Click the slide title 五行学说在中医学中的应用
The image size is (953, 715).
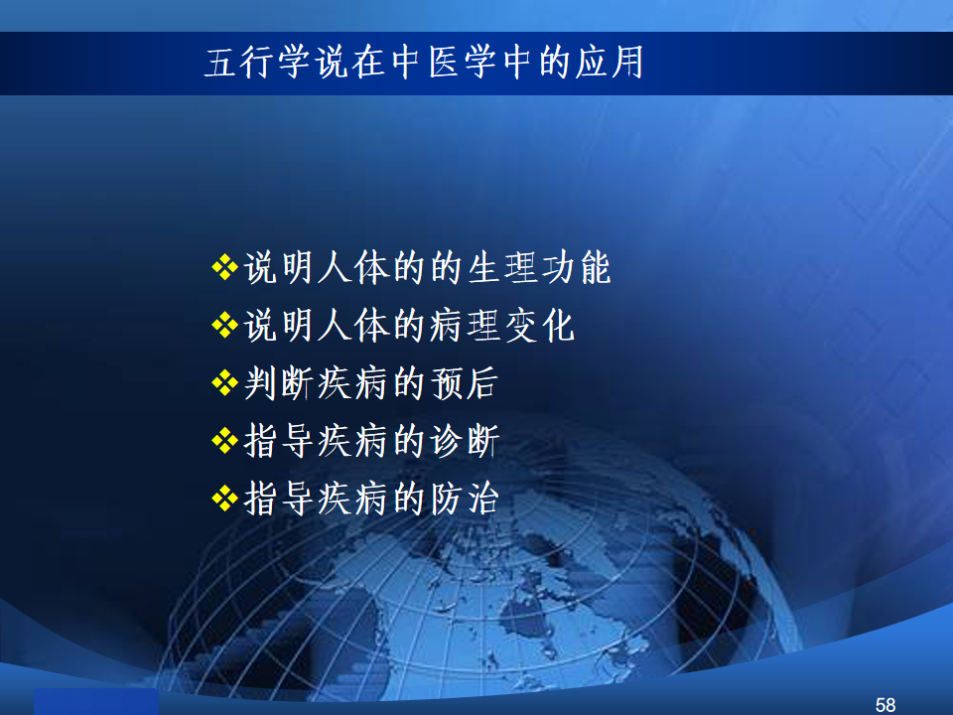(424, 62)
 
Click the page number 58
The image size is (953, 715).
(885, 705)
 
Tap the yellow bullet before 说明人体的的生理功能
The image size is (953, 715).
(225, 267)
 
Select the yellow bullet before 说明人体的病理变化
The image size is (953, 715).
(225, 325)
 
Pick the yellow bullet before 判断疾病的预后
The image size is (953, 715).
(225, 382)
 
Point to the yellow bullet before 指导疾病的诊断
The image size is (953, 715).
(225, 440)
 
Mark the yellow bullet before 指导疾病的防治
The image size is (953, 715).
(225, 498)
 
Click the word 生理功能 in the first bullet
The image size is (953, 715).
(539, 267)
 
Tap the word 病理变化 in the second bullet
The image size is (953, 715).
(502, 326)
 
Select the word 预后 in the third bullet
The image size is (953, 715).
(465, 383)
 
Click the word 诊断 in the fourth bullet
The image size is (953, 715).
(465, 441)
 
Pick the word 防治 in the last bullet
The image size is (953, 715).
(465, 499)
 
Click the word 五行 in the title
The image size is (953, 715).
(239, 62)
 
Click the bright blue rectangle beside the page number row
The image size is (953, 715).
(96, 702)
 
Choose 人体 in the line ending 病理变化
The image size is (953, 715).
(353, 326)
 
